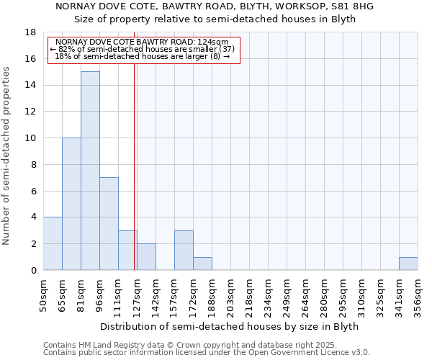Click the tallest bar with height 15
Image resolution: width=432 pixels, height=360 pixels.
point(90,171)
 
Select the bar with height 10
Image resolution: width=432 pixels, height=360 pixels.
point(71,204)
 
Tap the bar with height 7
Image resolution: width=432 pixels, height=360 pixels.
point(109,223)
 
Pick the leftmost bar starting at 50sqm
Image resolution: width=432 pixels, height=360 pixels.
point(53,243)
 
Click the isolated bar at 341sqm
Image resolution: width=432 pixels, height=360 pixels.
point(408,264)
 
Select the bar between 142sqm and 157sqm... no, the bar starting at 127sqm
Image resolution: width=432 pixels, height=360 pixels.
point(146,257)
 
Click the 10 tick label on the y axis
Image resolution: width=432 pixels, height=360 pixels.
point(30,138)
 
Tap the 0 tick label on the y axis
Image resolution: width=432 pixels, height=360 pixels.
point(33,271)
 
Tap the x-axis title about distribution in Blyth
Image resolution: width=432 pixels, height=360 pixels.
point(229,326)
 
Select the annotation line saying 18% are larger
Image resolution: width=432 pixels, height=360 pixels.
point(142,56)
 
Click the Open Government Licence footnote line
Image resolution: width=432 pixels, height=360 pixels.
point(207,352)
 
